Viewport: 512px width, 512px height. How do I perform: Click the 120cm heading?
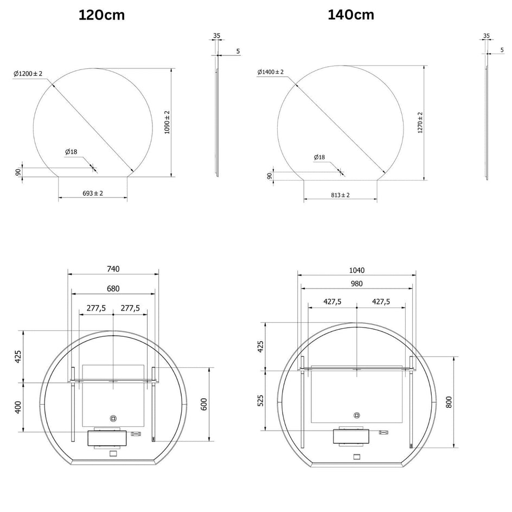(101, 15)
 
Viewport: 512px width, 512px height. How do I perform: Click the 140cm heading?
(351, 15)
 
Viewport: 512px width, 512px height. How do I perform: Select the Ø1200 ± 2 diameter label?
(28, 73)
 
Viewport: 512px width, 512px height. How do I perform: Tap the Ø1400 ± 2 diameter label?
(270, 72)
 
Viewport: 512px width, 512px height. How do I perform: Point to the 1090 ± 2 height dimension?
(167, 123)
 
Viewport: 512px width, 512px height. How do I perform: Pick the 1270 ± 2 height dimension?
(420, 123)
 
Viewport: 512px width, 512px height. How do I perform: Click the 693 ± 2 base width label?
(93, 193)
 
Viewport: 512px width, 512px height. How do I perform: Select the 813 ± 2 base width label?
(340, 195)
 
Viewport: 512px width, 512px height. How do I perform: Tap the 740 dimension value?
(113, 268)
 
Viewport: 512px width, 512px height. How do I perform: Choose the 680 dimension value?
(113, 289)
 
